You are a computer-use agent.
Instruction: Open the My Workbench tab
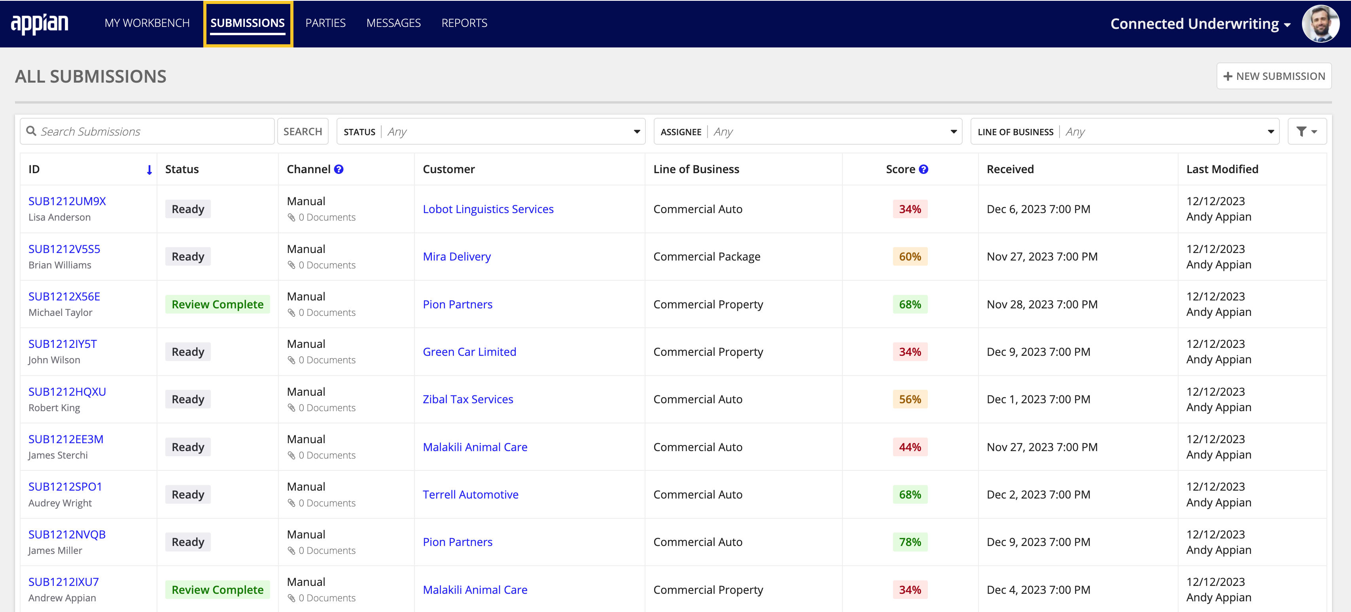[x=147, y=23]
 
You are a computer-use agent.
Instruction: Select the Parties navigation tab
[x=325, y=23]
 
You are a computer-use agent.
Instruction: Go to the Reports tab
[x=464, y=23]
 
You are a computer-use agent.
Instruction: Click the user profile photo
[x=1320, y=24]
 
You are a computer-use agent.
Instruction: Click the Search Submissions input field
[x=152, y=132]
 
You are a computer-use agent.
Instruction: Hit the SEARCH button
[x=303, y=132]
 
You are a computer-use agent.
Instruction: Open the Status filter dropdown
[x=491, y=132]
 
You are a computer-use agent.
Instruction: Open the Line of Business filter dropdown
[x=1125, y=132]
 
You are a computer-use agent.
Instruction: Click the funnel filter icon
[x=1306, y=132]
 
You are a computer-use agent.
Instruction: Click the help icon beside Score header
[x=923, y=169]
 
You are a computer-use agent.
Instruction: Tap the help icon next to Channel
[x=339, y=169]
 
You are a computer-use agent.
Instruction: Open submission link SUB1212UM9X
[x=67, y=201]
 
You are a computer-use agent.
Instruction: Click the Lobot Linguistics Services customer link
[x=488, y=209]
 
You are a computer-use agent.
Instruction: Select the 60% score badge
[x=910, y=257]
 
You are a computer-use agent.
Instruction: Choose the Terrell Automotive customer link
[x=471, y=495]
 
